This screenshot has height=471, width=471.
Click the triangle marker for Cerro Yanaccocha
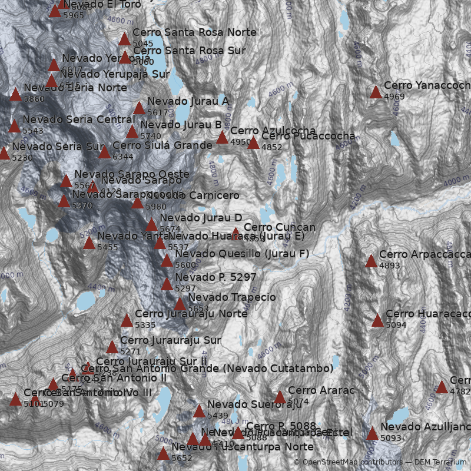pyautogui.click(x=376, y=92)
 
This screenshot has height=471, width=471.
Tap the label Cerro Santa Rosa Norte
pyautogui.click(x=194, y=32)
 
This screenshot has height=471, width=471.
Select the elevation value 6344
pyautogui.click(x=123, y=157)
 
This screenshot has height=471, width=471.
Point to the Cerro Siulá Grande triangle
pyautogui.click(x=104, y=152)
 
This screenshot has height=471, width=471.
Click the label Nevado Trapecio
pyautogui.click(x=231, y=297)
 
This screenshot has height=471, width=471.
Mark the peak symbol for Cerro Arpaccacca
pyautogui.click(x=371, y=261)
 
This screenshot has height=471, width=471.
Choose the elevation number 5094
pyautogui.click(x=396, y=325)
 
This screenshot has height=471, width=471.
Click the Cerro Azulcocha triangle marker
pyautogui.click(x=222, y=138)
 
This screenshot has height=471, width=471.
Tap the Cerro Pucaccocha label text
pyautogui.click(x=308, y=136)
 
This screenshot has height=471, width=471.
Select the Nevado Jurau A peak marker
pyautogui.click(x=139, y=108)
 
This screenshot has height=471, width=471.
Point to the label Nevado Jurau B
pyautogui.click(x=181, y=125)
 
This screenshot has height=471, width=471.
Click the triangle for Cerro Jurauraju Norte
pyautogui.click(x=127, y=320)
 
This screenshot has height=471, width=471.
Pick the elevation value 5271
pyautogui.click(x=131, y=351)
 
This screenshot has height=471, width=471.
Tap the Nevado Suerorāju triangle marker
pyautogui.click(x=199, y=411)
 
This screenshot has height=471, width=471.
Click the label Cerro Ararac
pyautogui.click(x=321, y=390)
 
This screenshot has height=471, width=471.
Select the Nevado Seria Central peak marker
pyautogui.click(x=14, y=126)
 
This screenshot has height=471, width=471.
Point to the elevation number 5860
pyautogui.click(x=34, y=99)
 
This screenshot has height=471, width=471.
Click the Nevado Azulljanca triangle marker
pyautogui.click(x=372, y=433)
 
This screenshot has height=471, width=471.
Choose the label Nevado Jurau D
pyautogui.click(x=201, y=218)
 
